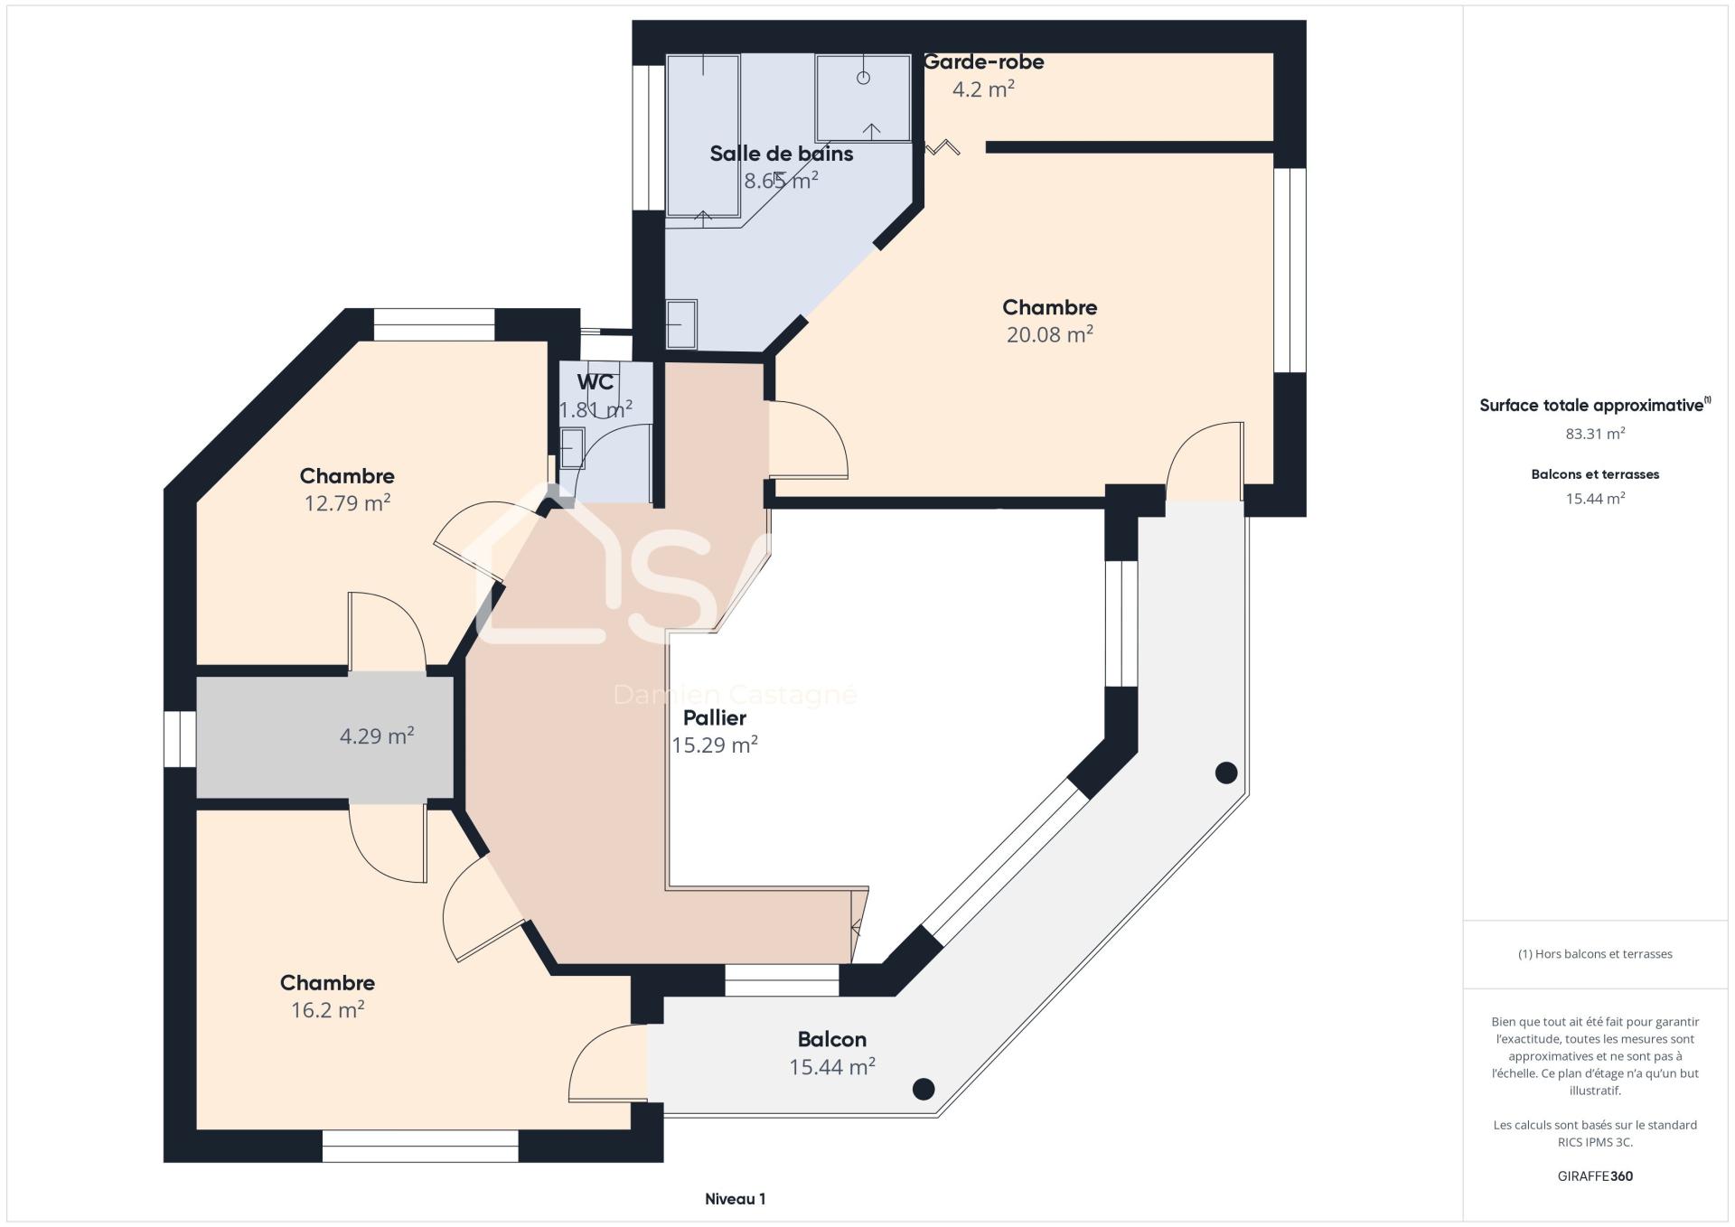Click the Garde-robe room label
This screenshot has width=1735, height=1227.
[983, 62]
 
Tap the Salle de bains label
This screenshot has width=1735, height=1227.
[782, 154]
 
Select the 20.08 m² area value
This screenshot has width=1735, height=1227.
[1050, 334]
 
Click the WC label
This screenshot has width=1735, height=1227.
[596, 382]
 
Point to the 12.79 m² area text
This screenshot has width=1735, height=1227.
[347, 502]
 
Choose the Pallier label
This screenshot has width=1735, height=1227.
[715, 718]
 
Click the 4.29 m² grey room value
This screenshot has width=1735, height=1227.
[377, 735]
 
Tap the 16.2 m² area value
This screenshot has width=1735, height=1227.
[327, 1009]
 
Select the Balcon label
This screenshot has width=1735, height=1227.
[832, 1039]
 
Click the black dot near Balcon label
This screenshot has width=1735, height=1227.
[924, 1089]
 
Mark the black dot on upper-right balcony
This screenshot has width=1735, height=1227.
[1226, 773]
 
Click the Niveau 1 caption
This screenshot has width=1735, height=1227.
[736, 1199]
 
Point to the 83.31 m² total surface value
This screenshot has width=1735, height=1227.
[1596, 434]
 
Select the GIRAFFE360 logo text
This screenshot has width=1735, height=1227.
[1596, 1176]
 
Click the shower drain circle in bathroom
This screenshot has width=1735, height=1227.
[863, 78]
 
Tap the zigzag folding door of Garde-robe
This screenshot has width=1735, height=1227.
[943, 147]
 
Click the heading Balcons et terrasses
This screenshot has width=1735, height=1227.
[1596, 474]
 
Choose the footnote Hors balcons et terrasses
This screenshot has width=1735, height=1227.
[1596, 954]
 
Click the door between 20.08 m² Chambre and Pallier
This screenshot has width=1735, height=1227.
[808, 440]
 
